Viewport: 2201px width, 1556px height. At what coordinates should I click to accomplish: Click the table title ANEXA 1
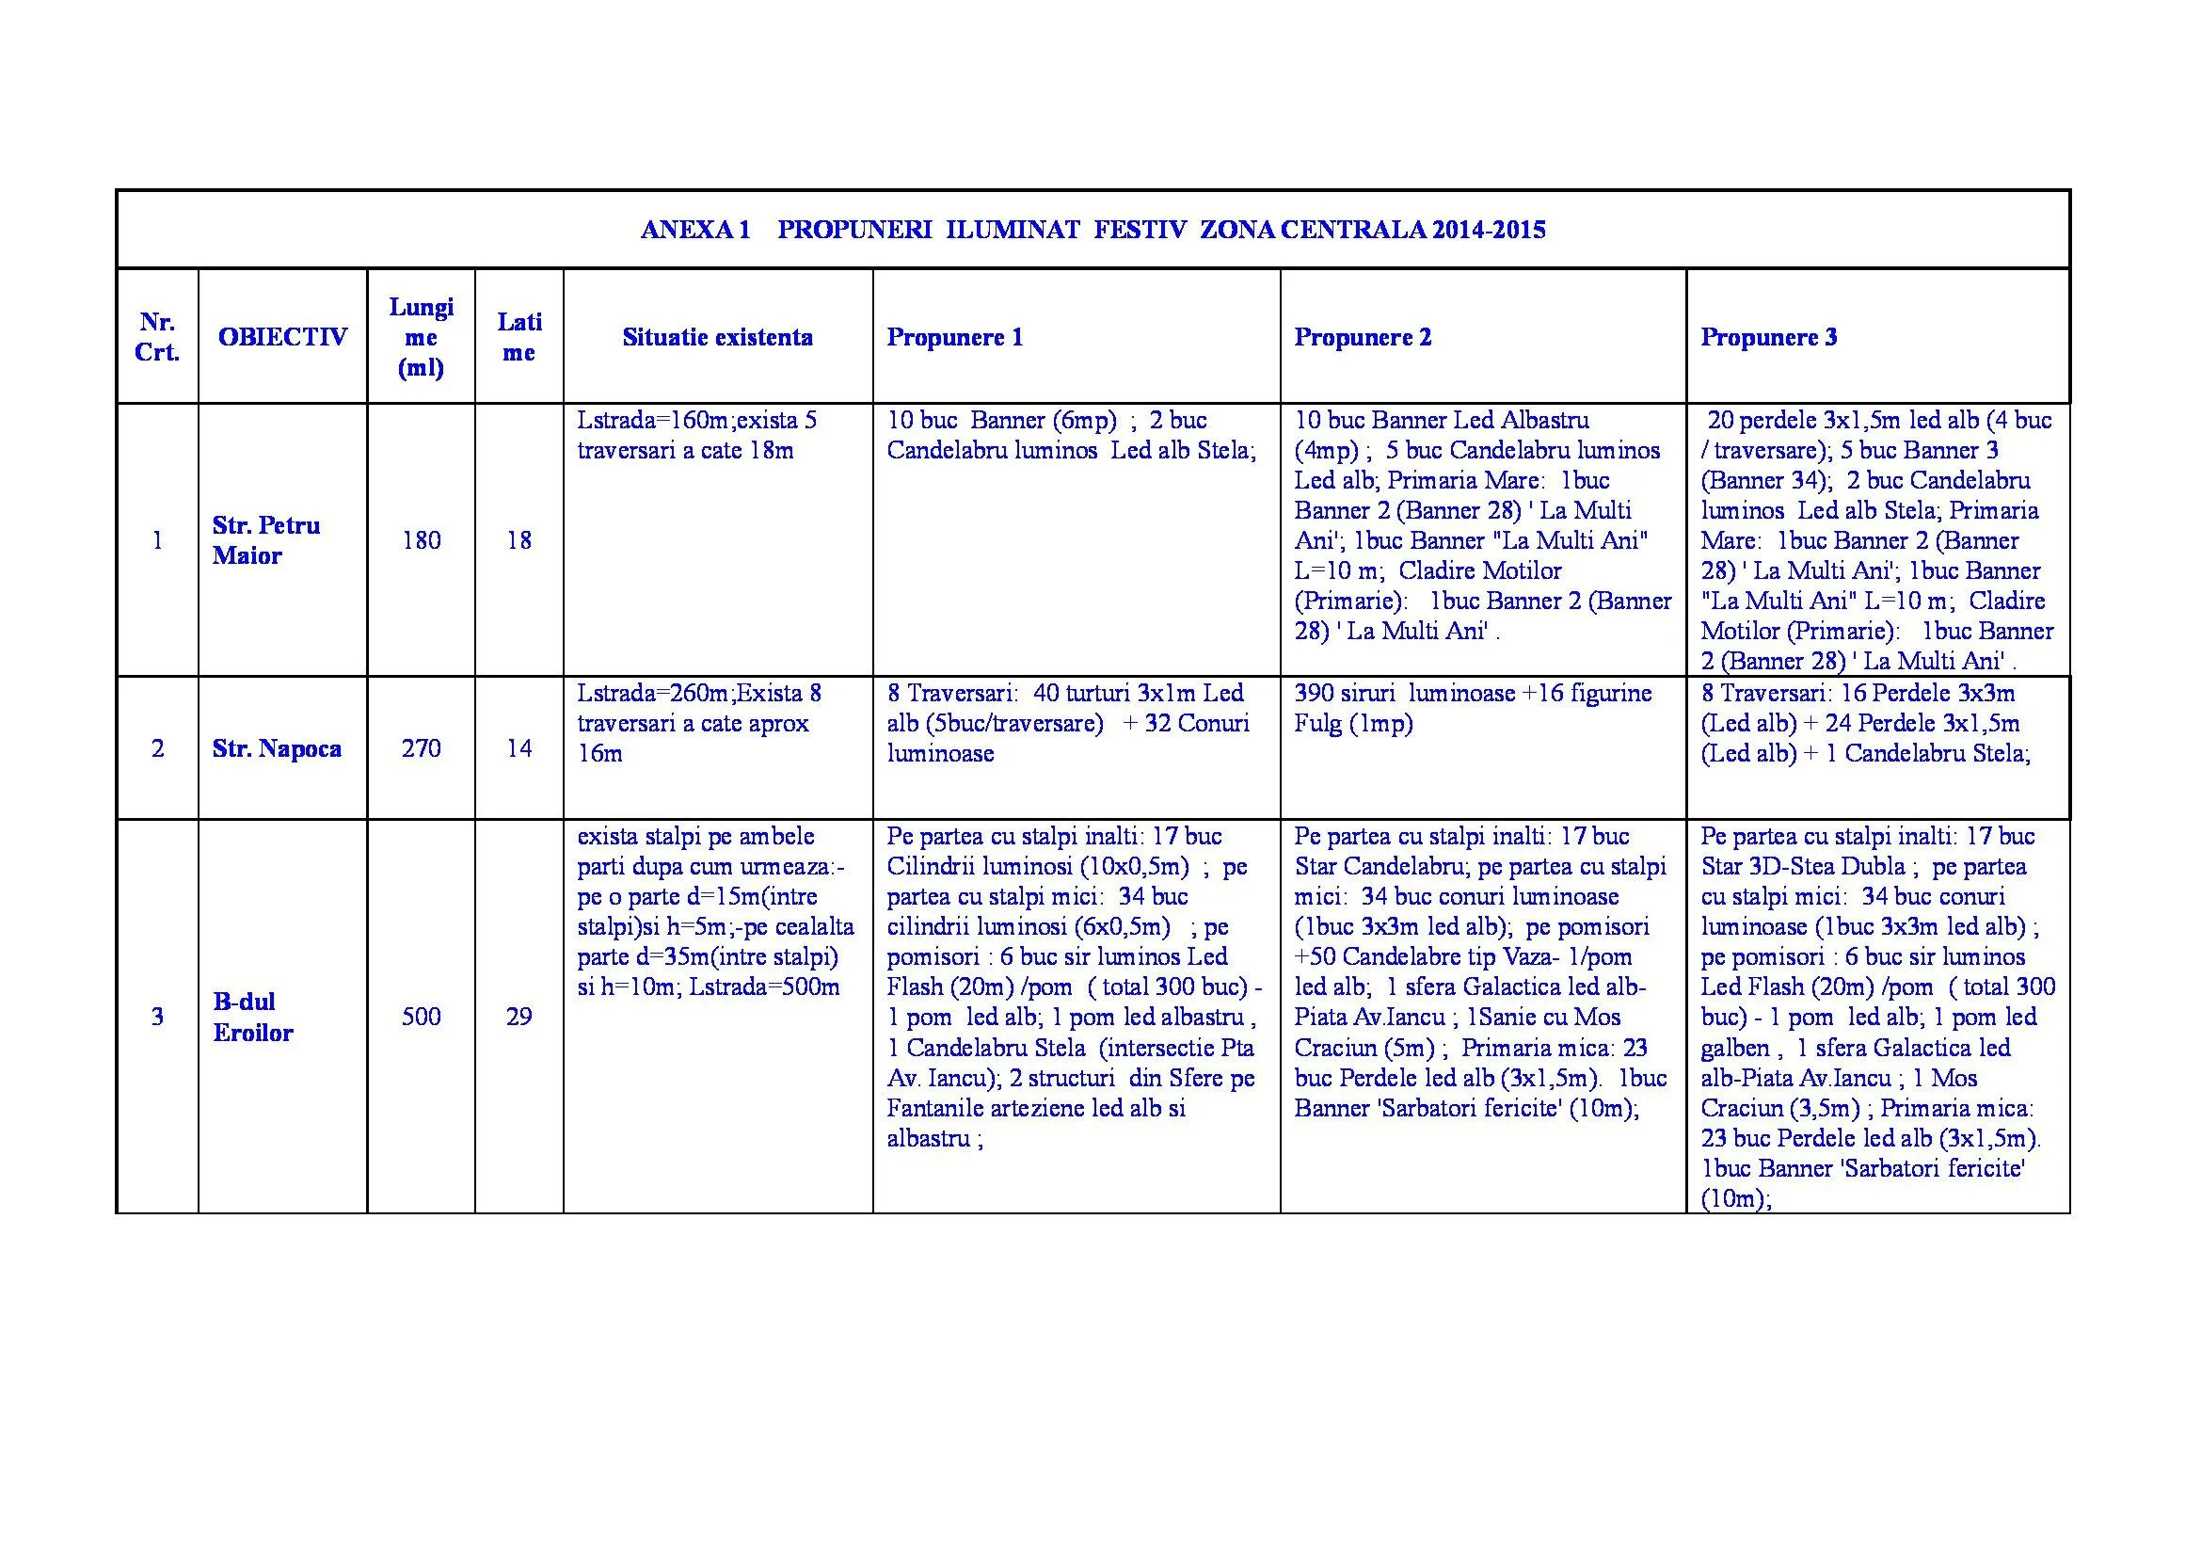click(x=694, y=230)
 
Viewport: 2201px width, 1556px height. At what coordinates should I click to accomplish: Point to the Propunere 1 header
click(x=954, y=338)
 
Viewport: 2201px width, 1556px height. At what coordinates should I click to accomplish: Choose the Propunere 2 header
click(x=1363, y=338)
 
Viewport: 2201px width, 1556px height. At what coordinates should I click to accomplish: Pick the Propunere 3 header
click(x=1769, y=338)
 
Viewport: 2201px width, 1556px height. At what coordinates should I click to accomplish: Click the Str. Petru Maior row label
click(x=265, y=540)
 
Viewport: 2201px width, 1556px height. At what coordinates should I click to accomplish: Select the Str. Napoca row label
click(x=276, y=748)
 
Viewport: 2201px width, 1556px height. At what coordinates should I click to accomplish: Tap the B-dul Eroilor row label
click(x=252, y=1018)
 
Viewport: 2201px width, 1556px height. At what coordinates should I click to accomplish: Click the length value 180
click(x=421, y=540)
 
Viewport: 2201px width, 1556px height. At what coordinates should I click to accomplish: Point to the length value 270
click(x=421, y=748)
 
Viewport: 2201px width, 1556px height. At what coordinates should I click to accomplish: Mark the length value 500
click(x=421, y=1018)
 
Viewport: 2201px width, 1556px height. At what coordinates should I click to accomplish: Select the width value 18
click(x=518, y=540)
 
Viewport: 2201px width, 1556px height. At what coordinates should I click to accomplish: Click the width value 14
click(x=518, y=748)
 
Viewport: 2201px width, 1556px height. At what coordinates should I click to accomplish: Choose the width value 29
click(x=518, y=1018)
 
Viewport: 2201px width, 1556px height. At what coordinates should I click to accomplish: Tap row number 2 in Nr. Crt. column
click(x=157, y=748)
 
